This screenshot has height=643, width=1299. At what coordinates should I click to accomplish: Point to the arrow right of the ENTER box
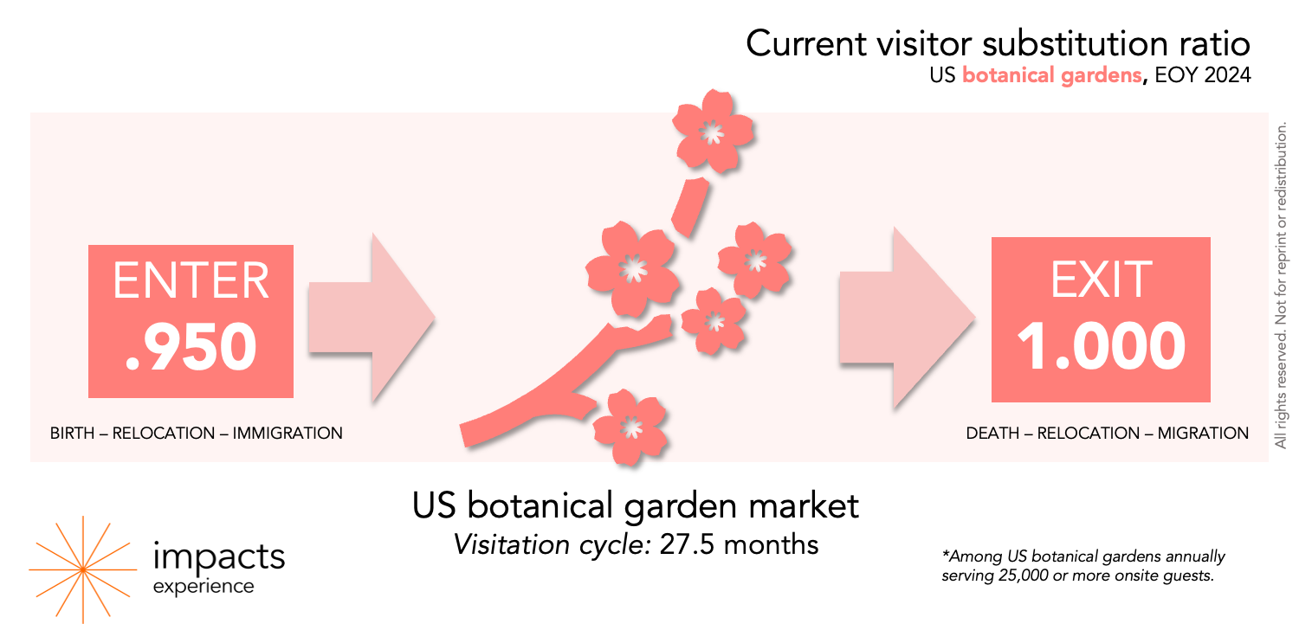pos(371,318)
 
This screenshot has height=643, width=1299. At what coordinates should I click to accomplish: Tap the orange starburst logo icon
pos(82,569)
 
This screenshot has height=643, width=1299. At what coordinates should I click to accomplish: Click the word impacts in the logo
pos(218,556)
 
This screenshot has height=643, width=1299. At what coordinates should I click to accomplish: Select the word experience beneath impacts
pos(204,587)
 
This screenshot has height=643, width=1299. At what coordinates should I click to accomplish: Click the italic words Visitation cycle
pos(553,545)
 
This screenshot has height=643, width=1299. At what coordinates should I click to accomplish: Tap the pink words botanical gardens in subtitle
pos(1051,75)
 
